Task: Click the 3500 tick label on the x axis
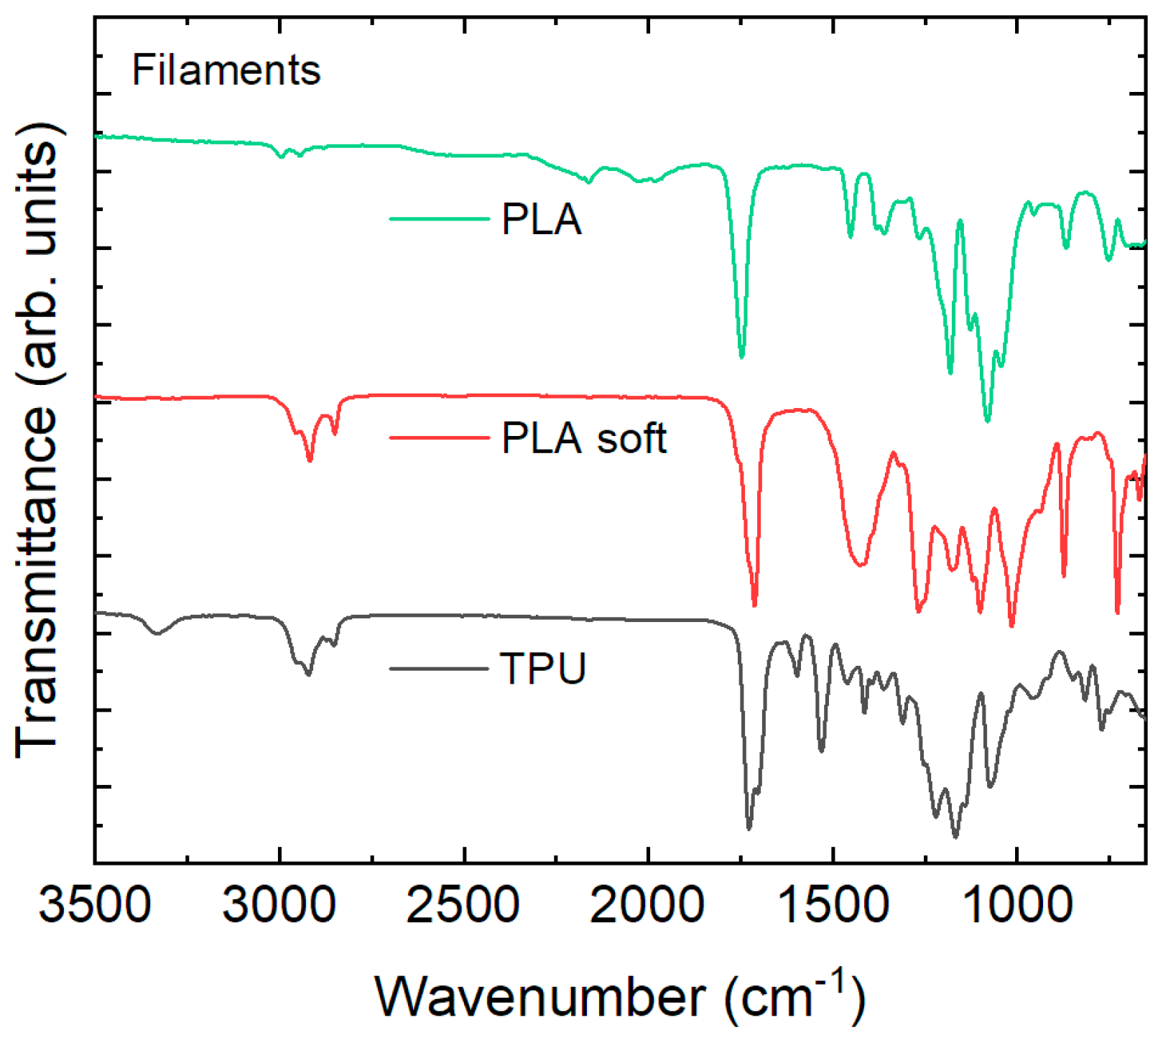click(95, 905)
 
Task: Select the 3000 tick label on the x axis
click(279, 905)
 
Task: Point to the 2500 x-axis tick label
click(463, 905)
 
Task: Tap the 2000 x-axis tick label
click(647, 905)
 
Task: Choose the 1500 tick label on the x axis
click(832, 905)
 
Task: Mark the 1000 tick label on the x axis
click(1016, 905)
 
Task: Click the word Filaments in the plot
click(226, 70)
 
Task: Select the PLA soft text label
click(583, 438)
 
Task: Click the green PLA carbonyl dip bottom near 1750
click(741, 356)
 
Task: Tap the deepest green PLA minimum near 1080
click(988, 421)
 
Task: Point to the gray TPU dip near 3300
click(157, 633)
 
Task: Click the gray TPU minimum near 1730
click(749, 828)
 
